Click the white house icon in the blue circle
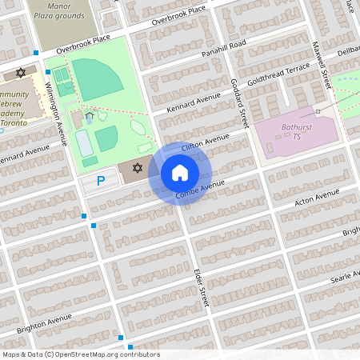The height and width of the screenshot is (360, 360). [x=180, y=173]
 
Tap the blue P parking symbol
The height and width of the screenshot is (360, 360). [x=101, y=181]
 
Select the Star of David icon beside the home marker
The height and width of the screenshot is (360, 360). [x=138, y=168]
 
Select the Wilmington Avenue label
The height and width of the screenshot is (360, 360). [x=60, y=119]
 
